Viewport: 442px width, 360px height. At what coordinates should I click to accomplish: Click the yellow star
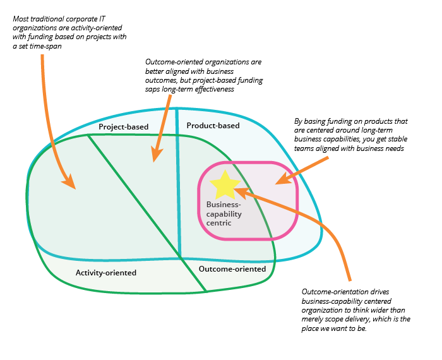pos(224,184)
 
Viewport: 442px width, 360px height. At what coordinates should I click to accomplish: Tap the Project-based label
pos(124,126)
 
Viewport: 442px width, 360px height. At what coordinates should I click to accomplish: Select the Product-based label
pos(213,125)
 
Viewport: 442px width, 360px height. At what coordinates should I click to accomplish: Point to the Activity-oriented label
pos(106,273)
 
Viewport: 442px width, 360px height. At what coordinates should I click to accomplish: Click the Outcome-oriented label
pos(232,269)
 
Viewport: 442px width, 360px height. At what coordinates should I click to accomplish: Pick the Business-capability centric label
pos(224,213)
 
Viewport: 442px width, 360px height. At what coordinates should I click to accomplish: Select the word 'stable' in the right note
pos(370,140)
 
